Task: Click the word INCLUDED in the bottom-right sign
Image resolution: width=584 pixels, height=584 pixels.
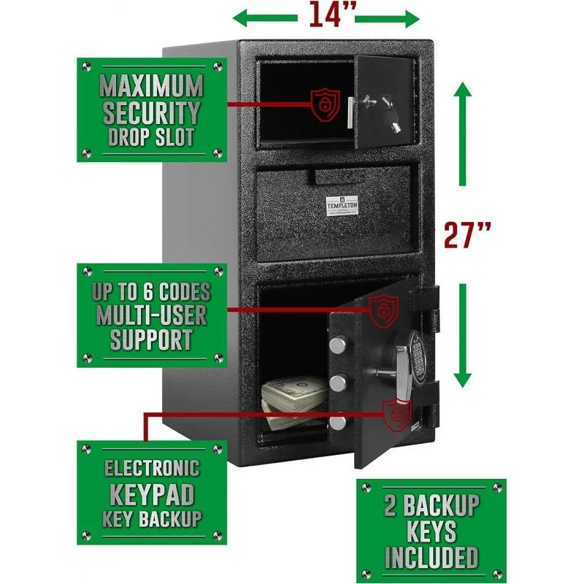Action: [431, 556]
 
